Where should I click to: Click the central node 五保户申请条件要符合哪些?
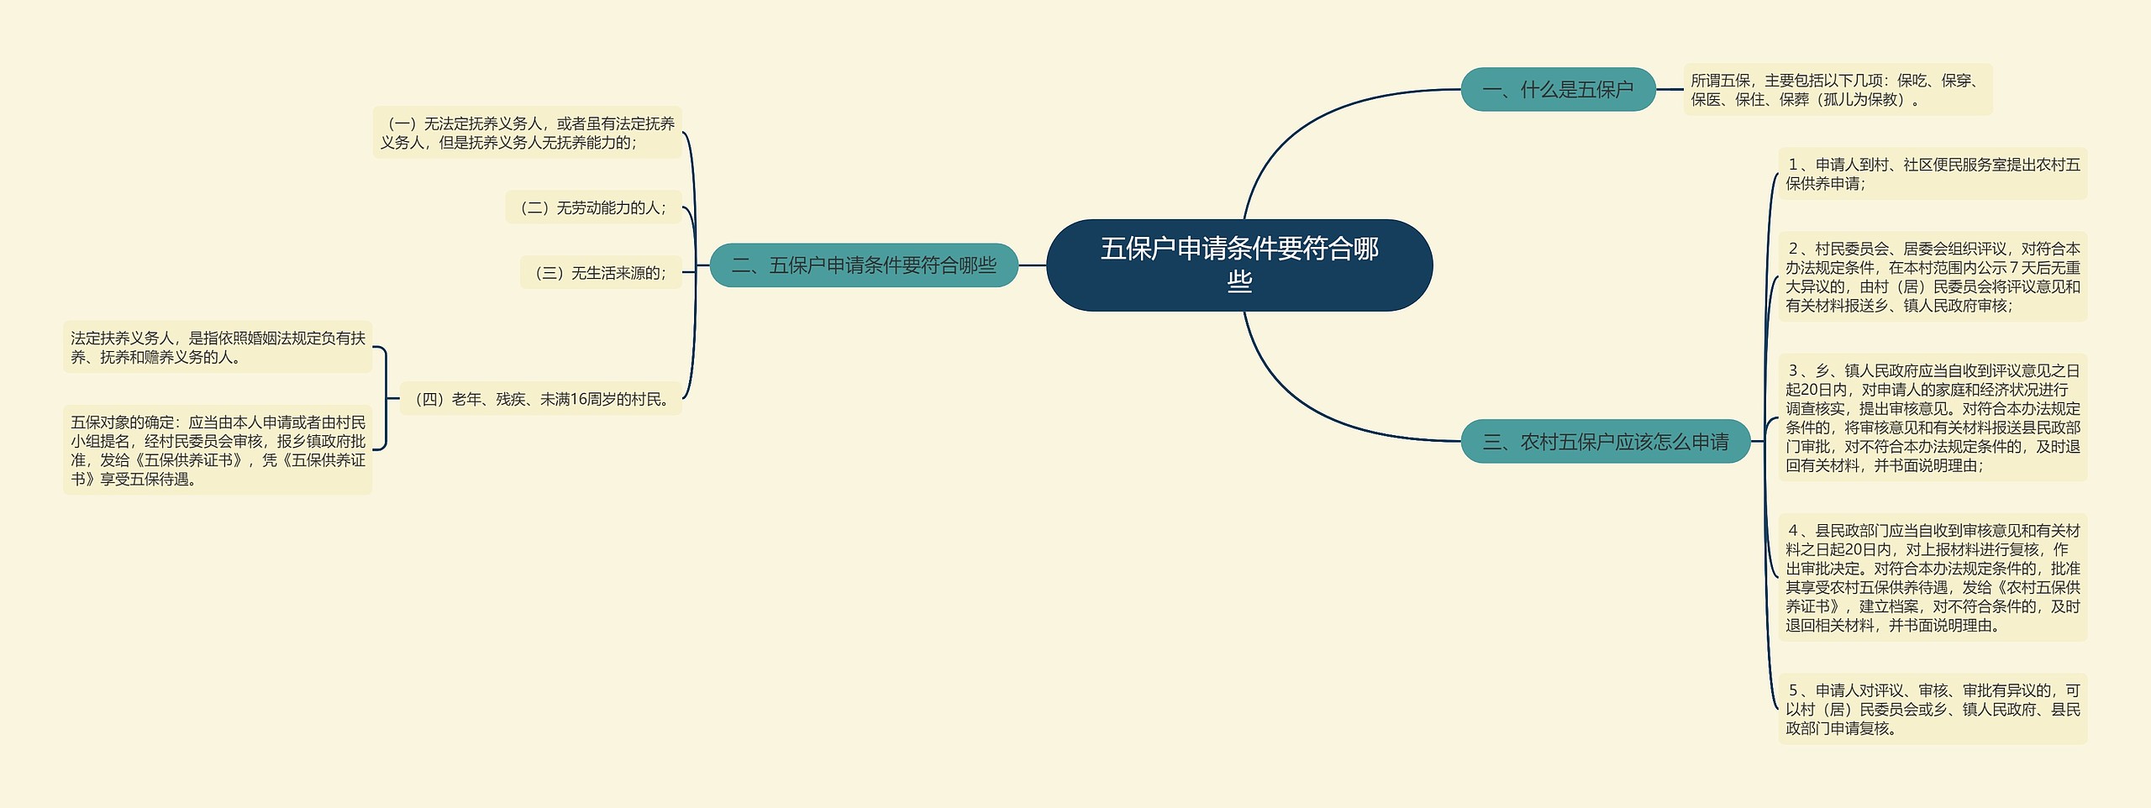click(1239, 265)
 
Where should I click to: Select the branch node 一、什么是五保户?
click(1558, 89)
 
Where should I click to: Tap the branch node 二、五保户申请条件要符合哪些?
click(864, 265)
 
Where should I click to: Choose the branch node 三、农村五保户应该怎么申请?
click(1605, 442)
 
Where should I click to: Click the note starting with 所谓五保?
click(1837, 90)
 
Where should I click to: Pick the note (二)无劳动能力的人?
click(593, 207)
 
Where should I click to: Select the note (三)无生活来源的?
click(601, 272)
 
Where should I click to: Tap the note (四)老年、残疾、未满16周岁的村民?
click(541, 399)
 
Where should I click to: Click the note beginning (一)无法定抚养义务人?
click(527, 133)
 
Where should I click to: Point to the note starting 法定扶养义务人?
click(218, 347)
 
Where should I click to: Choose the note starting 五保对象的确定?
click(218, 450)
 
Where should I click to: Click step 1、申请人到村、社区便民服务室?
click(1932, 174)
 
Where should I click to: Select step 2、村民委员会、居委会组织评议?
click(1932, 277)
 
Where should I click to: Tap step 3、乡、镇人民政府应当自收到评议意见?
click(1932, 417)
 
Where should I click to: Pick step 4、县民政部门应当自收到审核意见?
click(1932, 578)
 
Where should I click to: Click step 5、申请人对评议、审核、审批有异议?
click(1932, 709)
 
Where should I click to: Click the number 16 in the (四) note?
click(578, 399)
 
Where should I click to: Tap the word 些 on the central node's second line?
click(1239, 281)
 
